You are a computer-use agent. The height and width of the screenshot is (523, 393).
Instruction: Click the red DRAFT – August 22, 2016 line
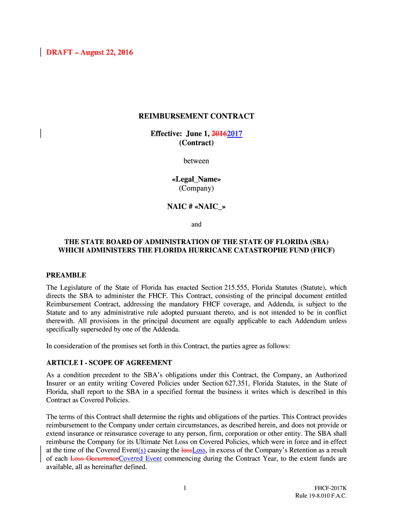pyautogui.click(x=89, y=53)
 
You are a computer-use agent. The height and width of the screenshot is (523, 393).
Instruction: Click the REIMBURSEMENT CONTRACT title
pyautogui.click(x=196, y=116)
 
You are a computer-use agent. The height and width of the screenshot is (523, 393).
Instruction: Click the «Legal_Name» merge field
pyautogui.click(x=196, y=179)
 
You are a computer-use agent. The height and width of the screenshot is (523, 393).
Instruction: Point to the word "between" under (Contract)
pyautogui.click(x=196, y=161)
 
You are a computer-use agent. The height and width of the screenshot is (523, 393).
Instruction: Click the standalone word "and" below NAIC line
pyautogui.click(x=196, y=224)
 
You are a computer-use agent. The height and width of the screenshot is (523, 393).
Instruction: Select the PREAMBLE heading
pyautogui.click(x=66, y=275)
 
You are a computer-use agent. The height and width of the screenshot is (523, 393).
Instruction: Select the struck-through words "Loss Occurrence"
pyautogui.click(x=94, y=459)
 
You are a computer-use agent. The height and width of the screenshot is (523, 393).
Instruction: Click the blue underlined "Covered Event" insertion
pyautogui.click(x=140, y=459)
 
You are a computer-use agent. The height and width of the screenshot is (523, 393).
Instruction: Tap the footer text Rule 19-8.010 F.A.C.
pyautogui.click(x=321, y=496)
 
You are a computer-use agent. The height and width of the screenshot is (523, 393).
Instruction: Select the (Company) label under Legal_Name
pyautogui.click(x=196, y=188)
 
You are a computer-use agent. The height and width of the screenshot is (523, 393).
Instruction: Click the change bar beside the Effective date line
pyautogui.click(x=40, y=134)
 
